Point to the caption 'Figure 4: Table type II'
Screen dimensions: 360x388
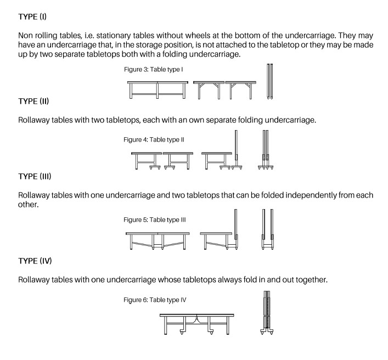(x=154, y=139)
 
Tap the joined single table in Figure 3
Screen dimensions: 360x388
(x=158, y=89)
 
